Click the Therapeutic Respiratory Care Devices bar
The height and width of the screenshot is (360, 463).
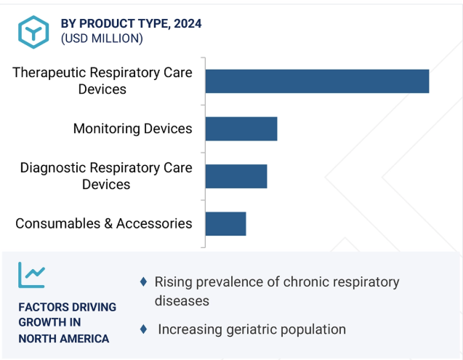click(317, 81)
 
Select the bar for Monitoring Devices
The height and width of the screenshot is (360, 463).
click(241, 129)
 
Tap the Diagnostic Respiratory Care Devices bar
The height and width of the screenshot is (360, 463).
click(236, 177)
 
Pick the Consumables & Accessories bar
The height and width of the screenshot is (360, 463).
click(225, 224)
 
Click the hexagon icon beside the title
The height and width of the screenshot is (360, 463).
click(33, 32)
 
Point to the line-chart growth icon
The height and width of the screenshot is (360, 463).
click(31, 275)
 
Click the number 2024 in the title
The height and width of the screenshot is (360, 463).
click(188, 24)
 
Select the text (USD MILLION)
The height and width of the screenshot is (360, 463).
click(102, 39)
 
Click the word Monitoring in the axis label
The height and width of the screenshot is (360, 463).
click(107, 129)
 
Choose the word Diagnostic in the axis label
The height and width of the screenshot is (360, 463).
click(53, 168)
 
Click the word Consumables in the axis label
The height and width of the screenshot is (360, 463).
click(58, 223)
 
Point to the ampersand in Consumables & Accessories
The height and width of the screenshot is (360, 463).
click(108, 223)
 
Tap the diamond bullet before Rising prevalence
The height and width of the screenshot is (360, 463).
click(143, 281)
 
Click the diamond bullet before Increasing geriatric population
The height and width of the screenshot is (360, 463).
click(143, 329)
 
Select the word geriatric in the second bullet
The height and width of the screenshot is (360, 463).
click(251, 329)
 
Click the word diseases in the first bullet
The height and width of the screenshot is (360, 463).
click(182, 301)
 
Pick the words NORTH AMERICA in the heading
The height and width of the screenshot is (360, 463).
click(64, 339)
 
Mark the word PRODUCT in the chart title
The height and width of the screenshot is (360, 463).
click(108, 24)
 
